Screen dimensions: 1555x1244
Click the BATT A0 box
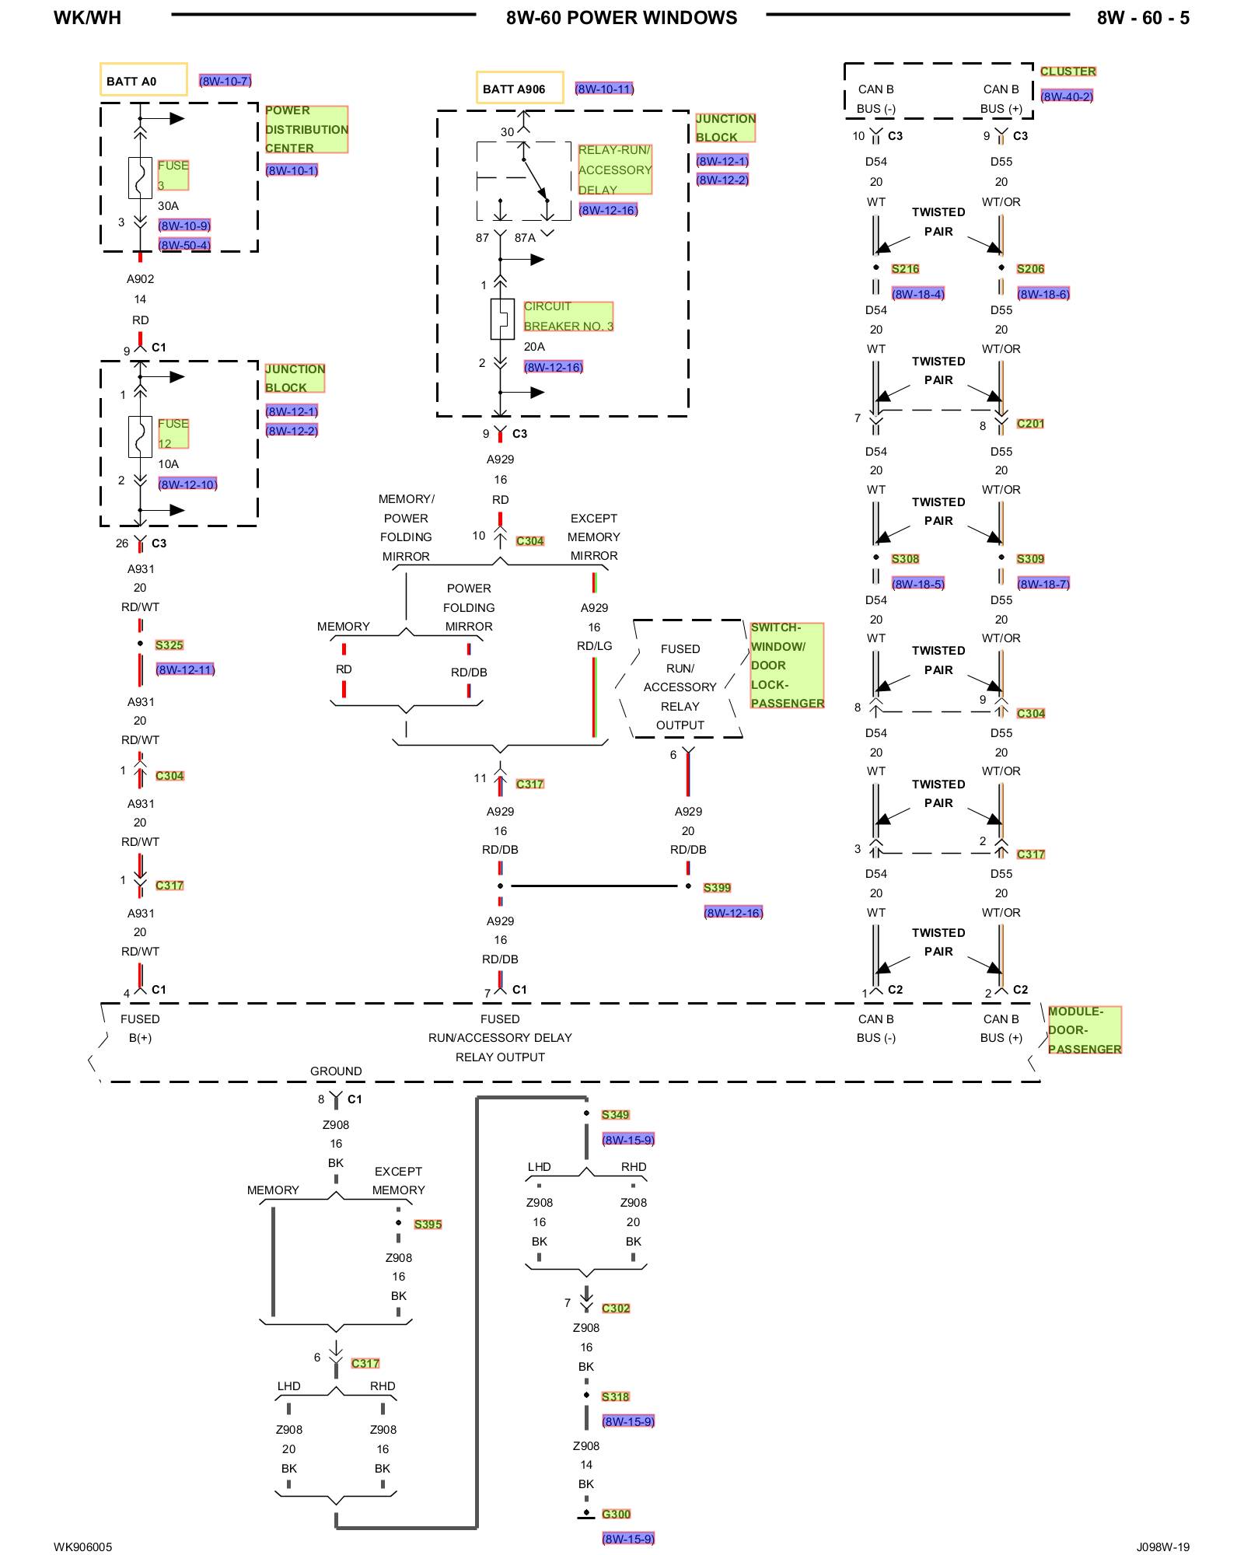[143, 80]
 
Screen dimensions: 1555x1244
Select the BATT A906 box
[519, 88]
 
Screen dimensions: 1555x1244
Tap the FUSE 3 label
[173, 175]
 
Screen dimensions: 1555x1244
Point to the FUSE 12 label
[173, 433]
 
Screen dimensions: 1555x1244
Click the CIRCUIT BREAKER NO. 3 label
[568, 316]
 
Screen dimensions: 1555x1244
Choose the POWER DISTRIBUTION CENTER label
[306, 129]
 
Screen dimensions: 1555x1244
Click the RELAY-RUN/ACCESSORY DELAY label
[614, 169]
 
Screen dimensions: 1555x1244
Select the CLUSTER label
[1068, 72]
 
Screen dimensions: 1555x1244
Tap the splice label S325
[169, 645]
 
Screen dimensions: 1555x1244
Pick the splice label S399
[717, 888]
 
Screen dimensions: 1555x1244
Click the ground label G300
[616, 1515]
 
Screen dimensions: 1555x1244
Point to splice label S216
[905, 269]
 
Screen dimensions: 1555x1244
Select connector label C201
[1030, 424]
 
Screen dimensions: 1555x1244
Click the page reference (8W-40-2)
[1067, 96]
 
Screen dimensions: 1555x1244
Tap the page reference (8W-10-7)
[225, 81]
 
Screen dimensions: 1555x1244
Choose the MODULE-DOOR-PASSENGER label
[1085, 1030]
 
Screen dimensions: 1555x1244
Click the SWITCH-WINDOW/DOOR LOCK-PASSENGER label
[787, 666]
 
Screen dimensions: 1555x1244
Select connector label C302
[616, 1309]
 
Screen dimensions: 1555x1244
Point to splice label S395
[428, 1225]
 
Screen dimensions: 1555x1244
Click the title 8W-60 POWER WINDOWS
[621, 18]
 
